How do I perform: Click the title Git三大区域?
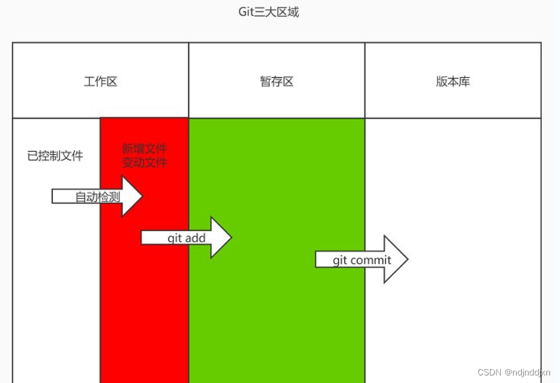coord(268,12)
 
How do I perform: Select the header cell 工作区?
coord(101,82)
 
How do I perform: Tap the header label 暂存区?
coord(277,82)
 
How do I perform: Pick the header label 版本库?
coord(453,82)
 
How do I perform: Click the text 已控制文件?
coord(55,156)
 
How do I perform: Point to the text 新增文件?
coord(145,149)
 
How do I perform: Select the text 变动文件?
coord(145,163)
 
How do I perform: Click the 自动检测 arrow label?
coord(97,197)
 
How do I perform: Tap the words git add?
coord(187,238)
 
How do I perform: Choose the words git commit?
coord(362,260)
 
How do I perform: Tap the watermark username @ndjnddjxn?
coord(524,372)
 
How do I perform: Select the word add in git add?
coord(195,238)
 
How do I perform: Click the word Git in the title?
coord(246,12)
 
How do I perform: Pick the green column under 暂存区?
coord(277,314)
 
